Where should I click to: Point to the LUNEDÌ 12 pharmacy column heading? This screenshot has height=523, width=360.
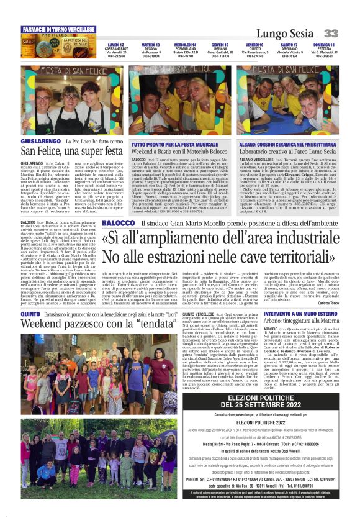coord(115,45)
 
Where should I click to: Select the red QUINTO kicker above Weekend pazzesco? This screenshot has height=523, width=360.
coord(30,315)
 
